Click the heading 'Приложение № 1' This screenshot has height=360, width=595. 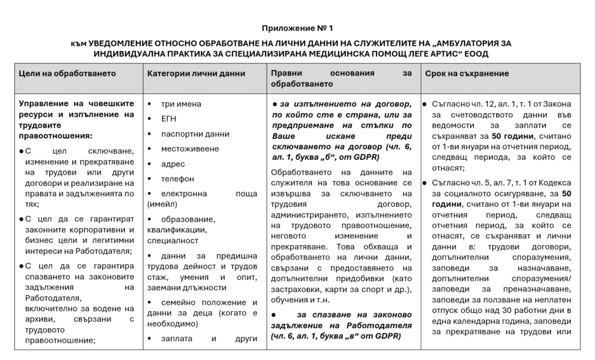coord(297,28)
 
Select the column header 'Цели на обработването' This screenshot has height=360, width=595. coord(67,74)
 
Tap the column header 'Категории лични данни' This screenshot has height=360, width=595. coord(196,74)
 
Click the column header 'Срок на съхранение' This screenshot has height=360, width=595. coord(467,74)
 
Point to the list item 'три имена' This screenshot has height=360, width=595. coord(181,104)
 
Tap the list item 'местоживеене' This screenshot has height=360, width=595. coord(190,149)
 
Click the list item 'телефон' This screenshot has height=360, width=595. coord(178,179)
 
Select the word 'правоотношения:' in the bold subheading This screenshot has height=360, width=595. coord(56,136)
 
